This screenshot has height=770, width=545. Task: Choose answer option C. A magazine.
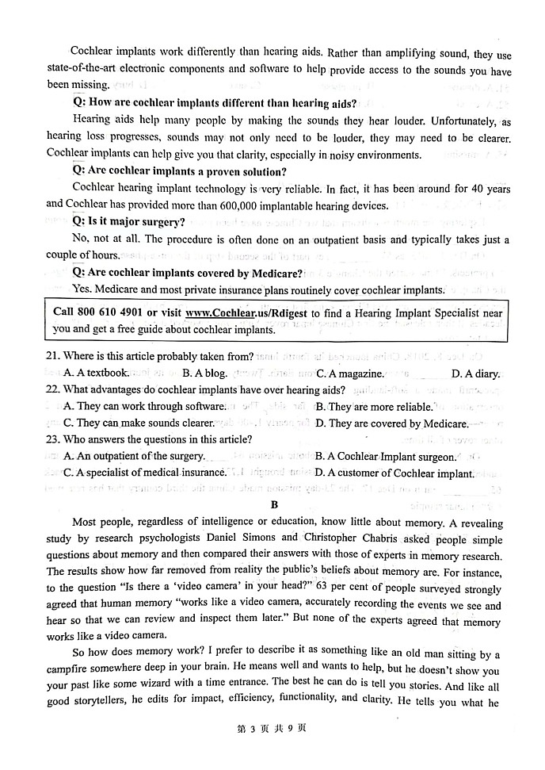click(349, 374)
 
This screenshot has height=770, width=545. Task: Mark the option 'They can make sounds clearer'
click(139, 423)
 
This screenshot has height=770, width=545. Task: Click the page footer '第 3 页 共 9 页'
click(272, 750)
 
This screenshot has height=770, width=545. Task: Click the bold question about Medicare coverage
click(188, 274)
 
